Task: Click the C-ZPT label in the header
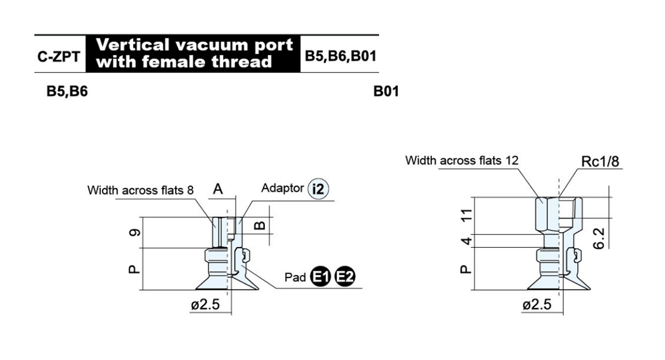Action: [x=59, y=56]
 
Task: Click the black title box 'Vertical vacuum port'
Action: [x=193, y=54]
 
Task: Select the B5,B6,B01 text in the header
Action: [x=340, y=56]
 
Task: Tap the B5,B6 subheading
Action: [x=67, y=91]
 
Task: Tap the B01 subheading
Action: [x=386, y=91]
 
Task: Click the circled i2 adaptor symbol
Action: [x=318, y=189]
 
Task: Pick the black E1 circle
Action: [x=320, y=276]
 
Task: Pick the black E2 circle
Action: [x=345, y=276]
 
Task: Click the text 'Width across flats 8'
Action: [x=140, y=190]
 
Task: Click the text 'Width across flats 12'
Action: [x=462, y=161]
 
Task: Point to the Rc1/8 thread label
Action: [x=600, y=162]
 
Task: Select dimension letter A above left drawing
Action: [x=218, y=189]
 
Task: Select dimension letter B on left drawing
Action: [x=260, y=225]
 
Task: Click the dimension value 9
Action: [x=135, y=233]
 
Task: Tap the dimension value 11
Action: [x=467, y=215]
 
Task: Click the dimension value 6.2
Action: [x=598, y=238]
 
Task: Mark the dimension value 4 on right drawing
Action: [x=467, y=241]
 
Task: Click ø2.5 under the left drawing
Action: [x=205, y=305]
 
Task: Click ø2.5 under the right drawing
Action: [x=537, y=305]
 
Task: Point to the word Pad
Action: [x=295, y=277]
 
